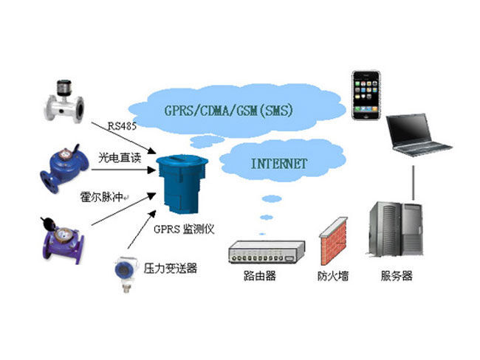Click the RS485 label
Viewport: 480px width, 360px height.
120,125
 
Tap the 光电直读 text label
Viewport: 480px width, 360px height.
120,157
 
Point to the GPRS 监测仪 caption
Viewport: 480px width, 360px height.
185,229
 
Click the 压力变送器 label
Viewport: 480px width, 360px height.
171,268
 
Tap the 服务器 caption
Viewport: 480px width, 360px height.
397,277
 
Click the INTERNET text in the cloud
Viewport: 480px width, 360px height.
274,164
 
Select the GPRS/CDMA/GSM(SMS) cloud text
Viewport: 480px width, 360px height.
230,111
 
